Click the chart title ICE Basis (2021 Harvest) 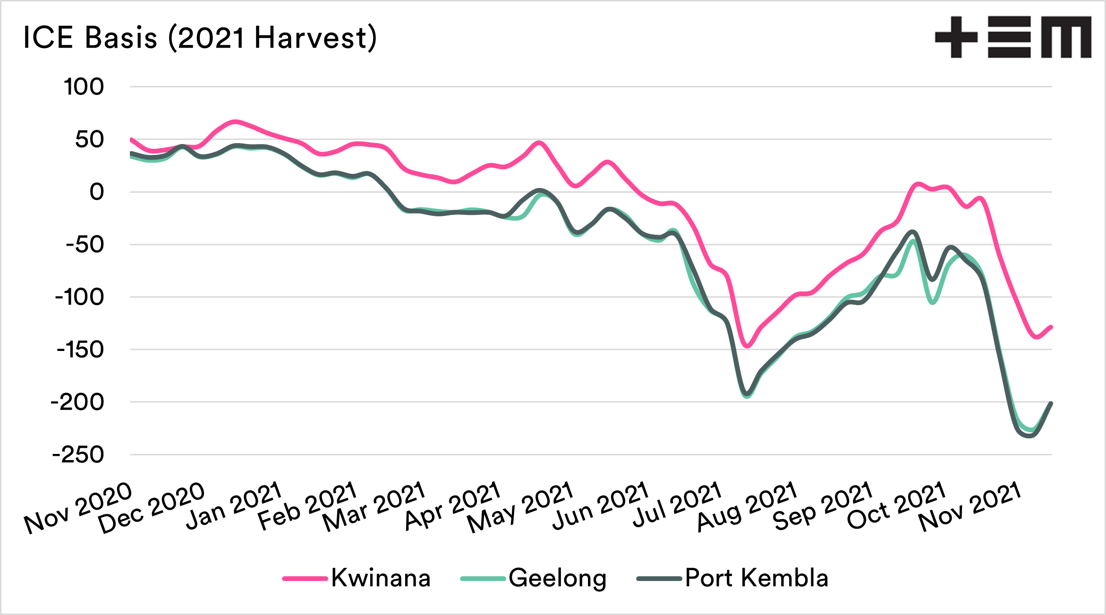[200, 38]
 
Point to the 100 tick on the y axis [84, 87]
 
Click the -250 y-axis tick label [78, 455]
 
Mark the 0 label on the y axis [96, 192]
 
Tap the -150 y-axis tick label [80, 350]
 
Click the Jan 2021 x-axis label [234, 505]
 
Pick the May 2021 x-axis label [520, 507]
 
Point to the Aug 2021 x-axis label [748, 506]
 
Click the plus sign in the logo [956, 37]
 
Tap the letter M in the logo [1066, 37]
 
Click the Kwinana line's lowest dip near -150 [748, 346]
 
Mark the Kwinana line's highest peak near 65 [235, 122]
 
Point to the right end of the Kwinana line [1051, 327]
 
